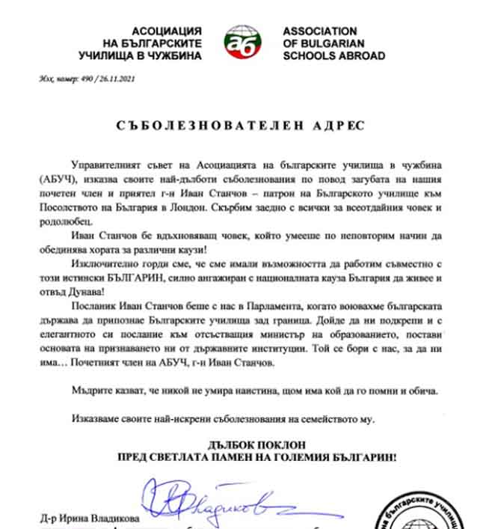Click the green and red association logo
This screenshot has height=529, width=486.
242,43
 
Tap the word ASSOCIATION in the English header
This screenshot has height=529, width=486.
319,31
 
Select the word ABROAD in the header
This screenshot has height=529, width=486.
359,55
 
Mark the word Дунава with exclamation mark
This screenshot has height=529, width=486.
96,292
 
